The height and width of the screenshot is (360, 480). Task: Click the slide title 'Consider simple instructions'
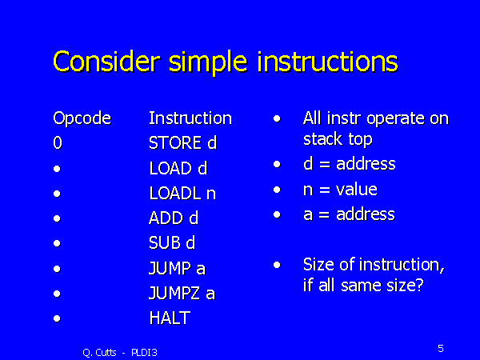[225, 62]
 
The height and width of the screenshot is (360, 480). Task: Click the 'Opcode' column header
[82, 119]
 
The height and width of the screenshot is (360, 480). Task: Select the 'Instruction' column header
[190, 118]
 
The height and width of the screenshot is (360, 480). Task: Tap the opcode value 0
[57, 144]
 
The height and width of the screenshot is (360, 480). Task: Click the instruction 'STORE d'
[183, 144]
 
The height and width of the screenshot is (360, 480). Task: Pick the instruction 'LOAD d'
[178, 169]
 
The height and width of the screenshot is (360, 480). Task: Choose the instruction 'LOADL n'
[182, 194]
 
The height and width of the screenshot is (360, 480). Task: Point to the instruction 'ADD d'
[174, 218]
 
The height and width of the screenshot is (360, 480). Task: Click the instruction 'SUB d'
[172, 243]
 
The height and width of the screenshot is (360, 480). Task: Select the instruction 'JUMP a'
[177, 268]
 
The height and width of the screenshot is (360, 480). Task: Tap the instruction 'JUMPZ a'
[182, 293]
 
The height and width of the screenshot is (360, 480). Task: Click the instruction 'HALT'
[170, 318]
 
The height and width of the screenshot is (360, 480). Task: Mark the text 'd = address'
[349, 164]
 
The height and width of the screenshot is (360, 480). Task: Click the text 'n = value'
[340, 190]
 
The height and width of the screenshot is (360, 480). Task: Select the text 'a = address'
[349, 214]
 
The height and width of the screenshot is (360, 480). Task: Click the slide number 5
[441, 348]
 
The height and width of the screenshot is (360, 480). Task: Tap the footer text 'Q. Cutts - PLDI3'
[120, 350]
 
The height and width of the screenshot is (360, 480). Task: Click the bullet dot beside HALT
[57, 318]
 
